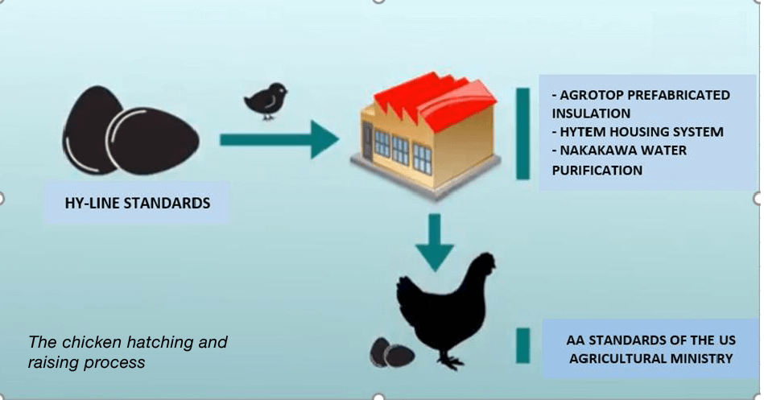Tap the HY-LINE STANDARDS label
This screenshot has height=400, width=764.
[x=138, y=203]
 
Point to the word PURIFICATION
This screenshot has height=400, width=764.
[x=597, y=170]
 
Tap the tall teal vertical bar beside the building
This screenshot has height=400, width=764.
[x=522, y=133]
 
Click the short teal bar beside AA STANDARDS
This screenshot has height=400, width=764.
[x=522, y=345]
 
